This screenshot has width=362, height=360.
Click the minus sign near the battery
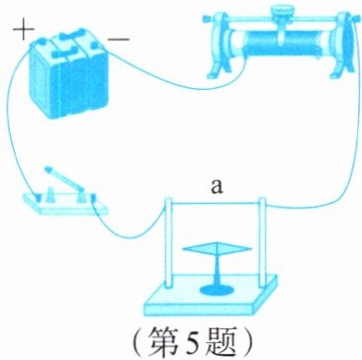click(x=119, y=40)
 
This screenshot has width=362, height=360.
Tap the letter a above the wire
click(x=217, y=187)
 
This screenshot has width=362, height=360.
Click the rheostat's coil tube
click(x=281, y=43)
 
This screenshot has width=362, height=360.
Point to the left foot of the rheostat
click(x=219, y=67)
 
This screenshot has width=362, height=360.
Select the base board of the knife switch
click(x=65, y=204)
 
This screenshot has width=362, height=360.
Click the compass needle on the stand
click(x=218, y=248)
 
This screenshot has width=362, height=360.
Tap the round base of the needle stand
click(x=217, y=290)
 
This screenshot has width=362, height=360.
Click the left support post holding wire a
click(x=168, y=242)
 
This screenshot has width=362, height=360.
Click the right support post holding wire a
click(x=262, y=242)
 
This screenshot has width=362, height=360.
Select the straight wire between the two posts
click(x=216, y=203)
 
